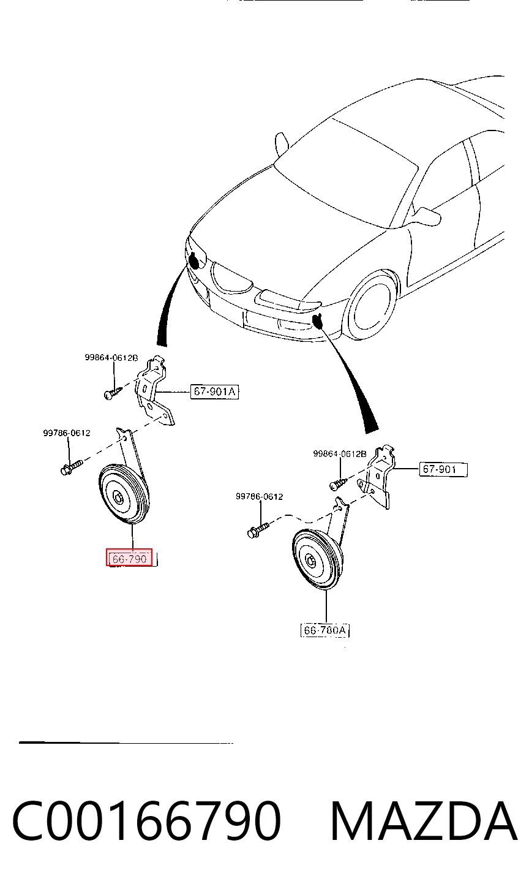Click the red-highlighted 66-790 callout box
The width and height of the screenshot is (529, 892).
[129, 557]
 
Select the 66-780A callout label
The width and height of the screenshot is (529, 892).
[325, 630]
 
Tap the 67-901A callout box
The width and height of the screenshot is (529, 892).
[214, 392]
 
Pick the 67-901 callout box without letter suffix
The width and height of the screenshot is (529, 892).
[443, 469]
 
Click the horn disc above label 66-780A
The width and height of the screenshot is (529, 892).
[317, 560]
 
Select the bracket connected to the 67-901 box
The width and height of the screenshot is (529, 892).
[380, 477]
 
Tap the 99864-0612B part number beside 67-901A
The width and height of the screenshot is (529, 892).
[111, 358]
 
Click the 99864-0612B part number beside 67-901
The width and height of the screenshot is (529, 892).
[340, 453]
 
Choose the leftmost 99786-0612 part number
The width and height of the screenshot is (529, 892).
[67, 433]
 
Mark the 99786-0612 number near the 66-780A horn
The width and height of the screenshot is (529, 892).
[259, 497]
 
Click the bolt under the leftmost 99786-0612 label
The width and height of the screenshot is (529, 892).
[71, 467]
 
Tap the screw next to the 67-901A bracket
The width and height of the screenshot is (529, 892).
[113, 393]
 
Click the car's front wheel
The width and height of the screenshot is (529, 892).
[370, 304]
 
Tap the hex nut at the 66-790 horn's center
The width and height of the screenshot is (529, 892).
[118, 497]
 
